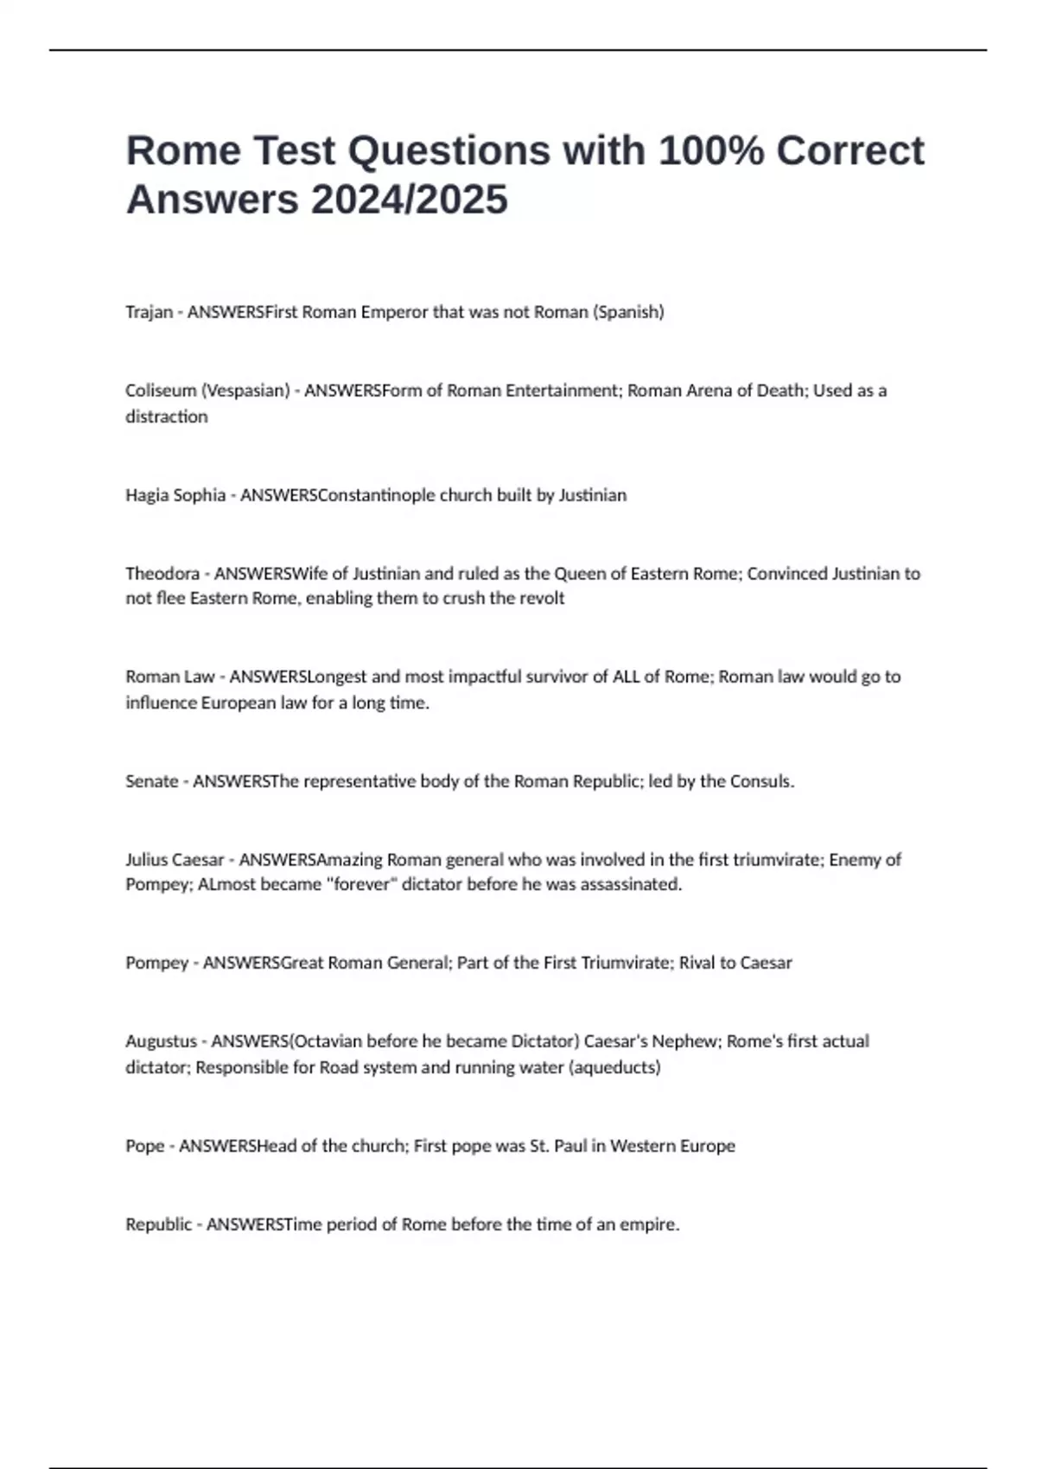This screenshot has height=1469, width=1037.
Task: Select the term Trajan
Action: coord(149,312)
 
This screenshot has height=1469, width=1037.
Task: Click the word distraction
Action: coord(167,417)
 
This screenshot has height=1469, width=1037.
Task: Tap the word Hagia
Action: coord(146,495)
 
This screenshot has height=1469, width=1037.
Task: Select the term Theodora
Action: coord(162,574)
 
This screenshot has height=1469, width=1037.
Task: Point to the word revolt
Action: coord(540,598)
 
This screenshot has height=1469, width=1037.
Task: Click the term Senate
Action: coord(151,781)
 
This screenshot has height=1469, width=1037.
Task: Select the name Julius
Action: coord(147,860)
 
